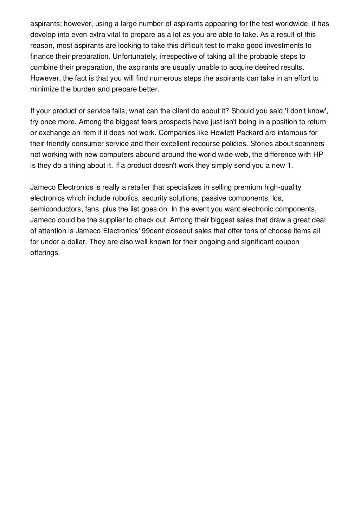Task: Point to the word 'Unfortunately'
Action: tap(133, 57)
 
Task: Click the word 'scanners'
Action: tap(311, 144)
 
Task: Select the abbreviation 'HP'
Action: tap(318, 154)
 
